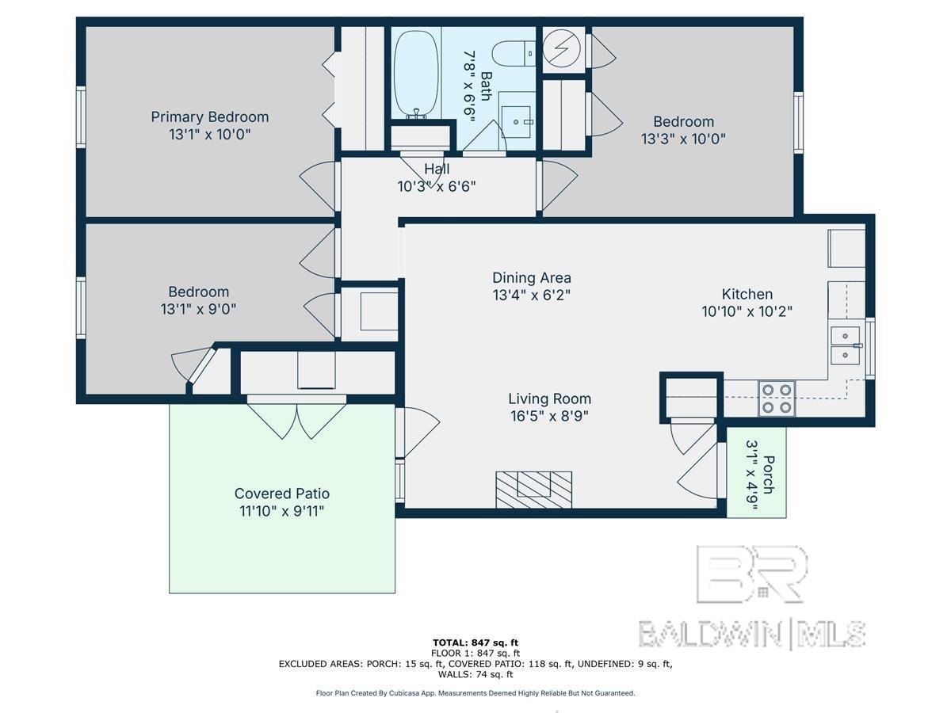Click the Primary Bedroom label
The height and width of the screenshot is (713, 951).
coord(210,117)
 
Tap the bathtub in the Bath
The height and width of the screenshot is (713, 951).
coord(415,74)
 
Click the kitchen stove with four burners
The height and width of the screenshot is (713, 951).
coord(777,398)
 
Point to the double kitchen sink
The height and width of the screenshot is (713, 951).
coord(845,345)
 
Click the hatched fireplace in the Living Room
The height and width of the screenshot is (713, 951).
coord(534,490)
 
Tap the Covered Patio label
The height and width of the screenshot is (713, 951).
coord(282,494)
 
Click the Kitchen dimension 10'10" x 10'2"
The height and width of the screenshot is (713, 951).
coord(747,311)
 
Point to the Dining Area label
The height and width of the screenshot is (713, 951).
coord(532,277)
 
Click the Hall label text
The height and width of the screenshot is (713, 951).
coord(437,169)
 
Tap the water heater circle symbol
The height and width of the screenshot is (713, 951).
coord(562,48)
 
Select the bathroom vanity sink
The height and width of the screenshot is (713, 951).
coord(516,122)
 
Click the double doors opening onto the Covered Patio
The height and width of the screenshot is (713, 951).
coord(296,418)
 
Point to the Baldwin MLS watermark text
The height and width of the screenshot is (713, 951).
coord(752,635)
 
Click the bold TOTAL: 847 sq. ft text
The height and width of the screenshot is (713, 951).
coord(475,642)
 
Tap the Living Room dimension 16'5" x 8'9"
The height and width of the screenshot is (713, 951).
coord(549,417)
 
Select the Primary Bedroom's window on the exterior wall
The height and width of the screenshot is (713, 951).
coord(81,117)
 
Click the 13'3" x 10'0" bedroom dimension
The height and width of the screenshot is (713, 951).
coord(683,139)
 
